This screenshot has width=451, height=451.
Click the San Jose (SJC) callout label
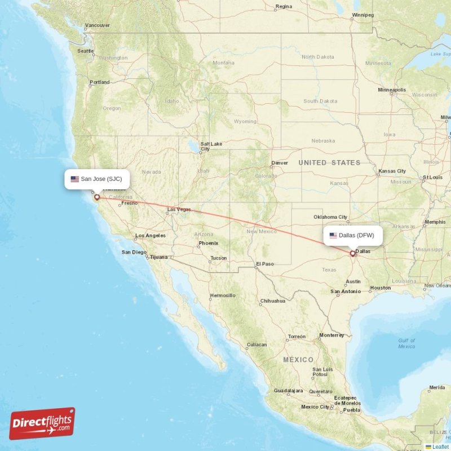tap(97, 179)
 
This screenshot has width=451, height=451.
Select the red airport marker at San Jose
tap(97, 197)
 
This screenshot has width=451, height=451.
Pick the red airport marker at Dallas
tap(353, 254)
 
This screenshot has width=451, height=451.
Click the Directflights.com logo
tap(42, 423)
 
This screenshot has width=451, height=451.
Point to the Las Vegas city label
tap(179, 210)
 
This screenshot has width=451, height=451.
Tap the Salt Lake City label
tap(211, 146)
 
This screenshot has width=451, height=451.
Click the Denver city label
tap(280, 163)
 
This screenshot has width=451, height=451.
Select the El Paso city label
tap(264, 264)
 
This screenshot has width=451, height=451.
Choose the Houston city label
tap(381, 288)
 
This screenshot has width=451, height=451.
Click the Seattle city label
tap(85, 51)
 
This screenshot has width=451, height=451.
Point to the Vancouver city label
tap(98, 25)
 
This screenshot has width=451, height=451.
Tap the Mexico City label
tap(315, 406)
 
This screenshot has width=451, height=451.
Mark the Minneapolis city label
tap(392, 90)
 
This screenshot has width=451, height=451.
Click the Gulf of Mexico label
tap(406, 343)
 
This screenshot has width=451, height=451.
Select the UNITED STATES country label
tap(329, 163)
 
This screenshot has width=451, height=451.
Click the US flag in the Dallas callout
tap(333, 235)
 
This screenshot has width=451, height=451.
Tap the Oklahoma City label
tap(331, 216)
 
